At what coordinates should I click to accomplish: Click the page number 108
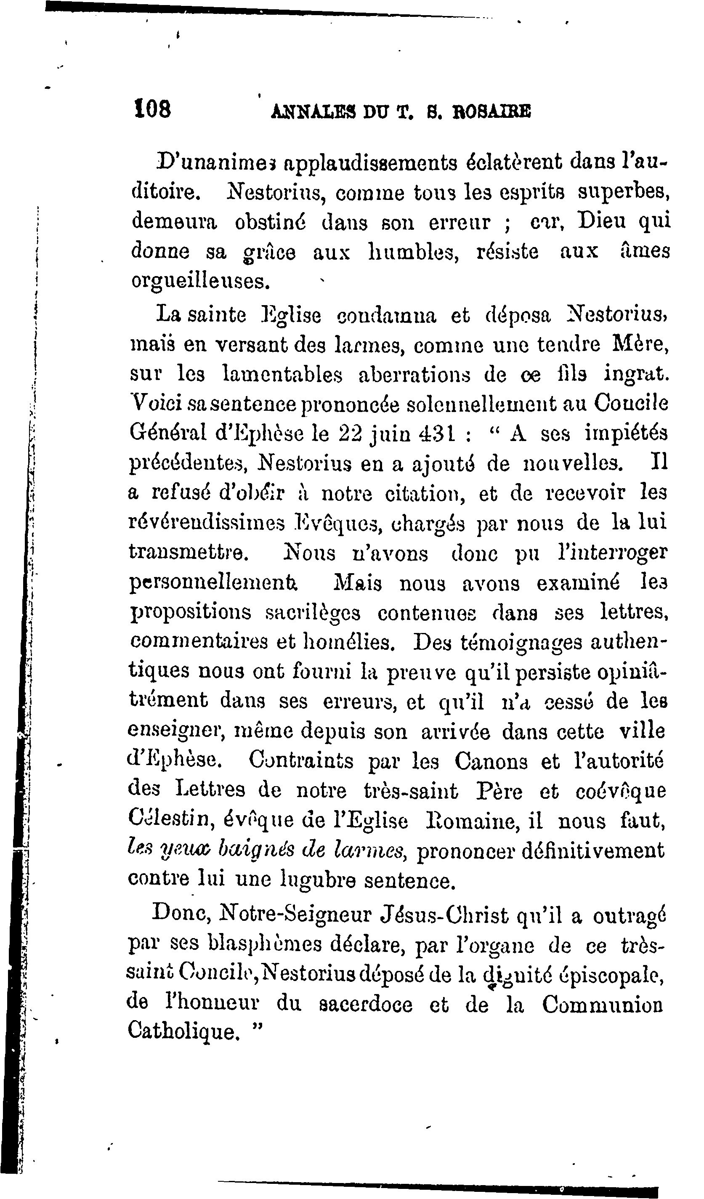pos(152,111)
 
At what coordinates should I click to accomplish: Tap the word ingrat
pos(636,374)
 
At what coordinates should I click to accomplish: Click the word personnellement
pos(213,583)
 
